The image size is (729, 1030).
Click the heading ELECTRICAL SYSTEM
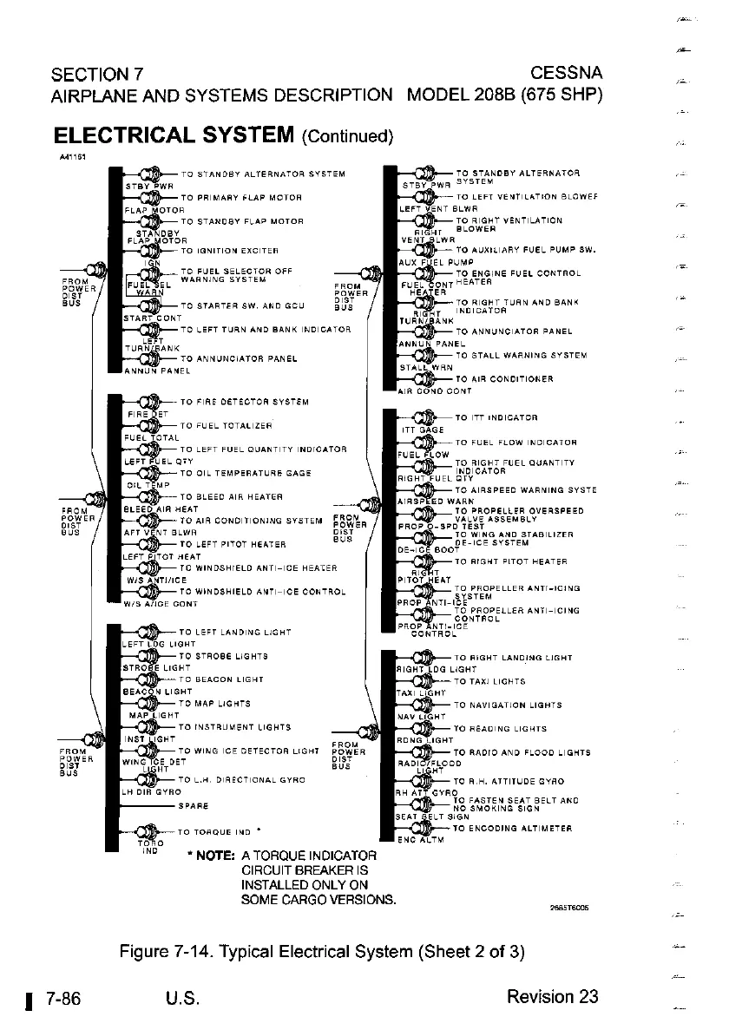(x=174, y=135)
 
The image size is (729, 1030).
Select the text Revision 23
(x=553, y=996)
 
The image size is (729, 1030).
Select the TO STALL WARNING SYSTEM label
(x=521, y=355)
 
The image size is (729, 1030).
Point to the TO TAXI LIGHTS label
(x=489, y=683)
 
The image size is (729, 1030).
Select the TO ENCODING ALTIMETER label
(x=512, y=829)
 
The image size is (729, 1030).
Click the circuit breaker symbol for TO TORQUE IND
(x=149, y=832)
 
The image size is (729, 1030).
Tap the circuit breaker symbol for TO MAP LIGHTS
(x=149, y=703)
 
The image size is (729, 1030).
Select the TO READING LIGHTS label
(x=501, y=729)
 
